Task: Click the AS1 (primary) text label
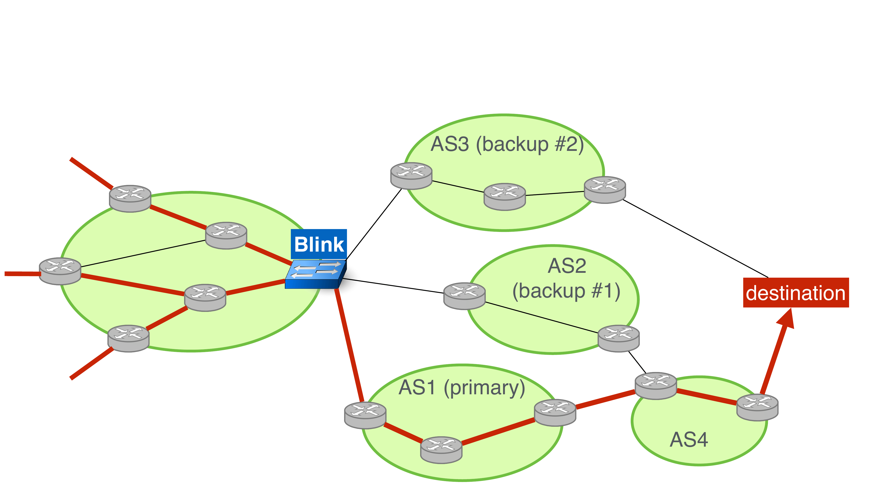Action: pyautogui.click(x=462, y=388)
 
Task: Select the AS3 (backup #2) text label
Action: pyautogui.click(x=507, y=144)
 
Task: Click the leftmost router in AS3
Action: pyautogui.click(x=411, y=176)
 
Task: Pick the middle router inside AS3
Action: pyautogui.click(x=505, y=197)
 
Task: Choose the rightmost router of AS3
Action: pyautogui.click(x=605, y=190)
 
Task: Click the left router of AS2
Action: pyautogui.click(x=464, y=296)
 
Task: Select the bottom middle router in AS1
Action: pyautogui.click(x=441, y=450)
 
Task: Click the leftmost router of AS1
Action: pyautogui.click(x=365, y=415)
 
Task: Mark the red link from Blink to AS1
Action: pyautogui.click(x=349, y=345)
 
